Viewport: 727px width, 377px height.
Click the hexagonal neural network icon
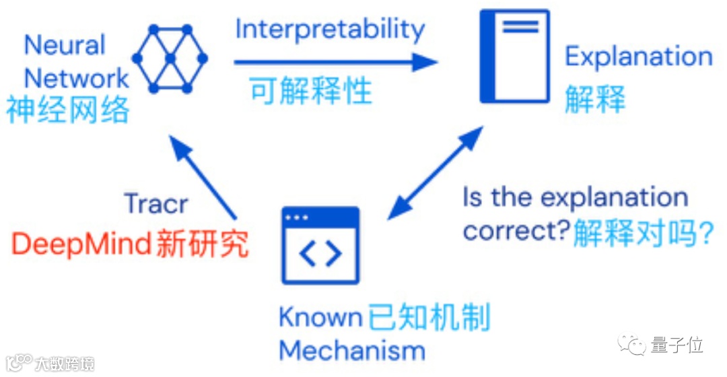tap(170, 59)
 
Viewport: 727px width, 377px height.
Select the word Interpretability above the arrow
tap(330, 30)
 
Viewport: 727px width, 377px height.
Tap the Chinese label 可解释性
tap(311, 91)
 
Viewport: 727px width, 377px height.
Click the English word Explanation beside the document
tap(638, 57)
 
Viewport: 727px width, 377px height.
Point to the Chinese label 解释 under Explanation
tap(595, 98)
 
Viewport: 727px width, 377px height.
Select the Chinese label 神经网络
tap(68, 110)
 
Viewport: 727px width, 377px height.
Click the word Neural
tap(65, 45)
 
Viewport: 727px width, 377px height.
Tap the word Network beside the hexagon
tap(76, 78)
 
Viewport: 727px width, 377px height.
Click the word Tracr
tap(155, 204)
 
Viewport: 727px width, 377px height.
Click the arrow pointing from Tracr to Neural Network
tap(201, 177)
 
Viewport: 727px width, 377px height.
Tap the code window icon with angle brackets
tap(320, 246)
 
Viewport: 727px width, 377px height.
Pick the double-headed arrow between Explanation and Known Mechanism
tap(436, 174)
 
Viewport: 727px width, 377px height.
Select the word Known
tap(321, 317)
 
